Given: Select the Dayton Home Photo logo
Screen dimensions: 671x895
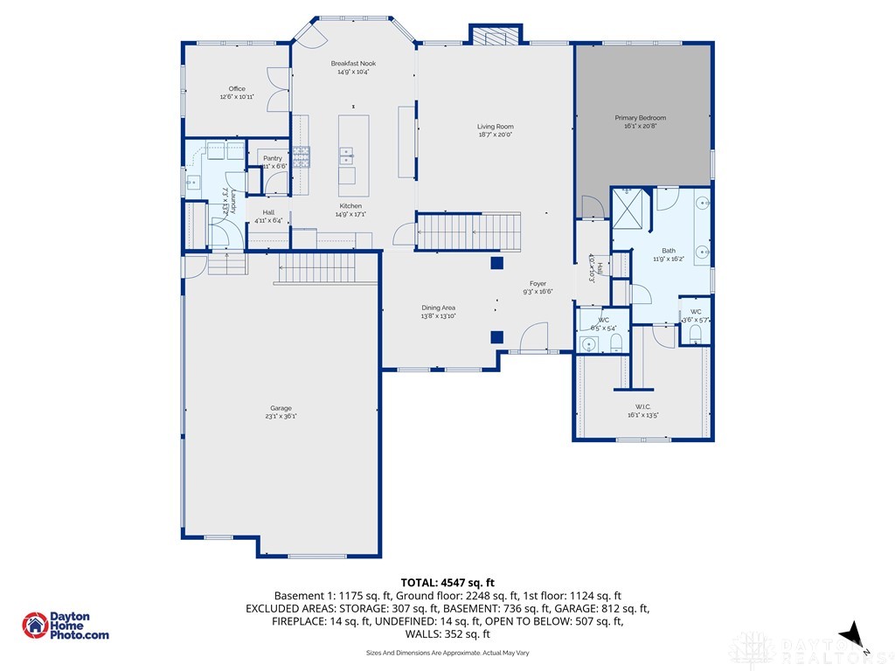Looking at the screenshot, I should pos(66,626).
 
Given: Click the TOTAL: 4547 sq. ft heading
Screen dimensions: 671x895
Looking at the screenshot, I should pos(447,582).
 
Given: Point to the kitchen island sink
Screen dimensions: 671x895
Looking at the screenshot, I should pos(346,156).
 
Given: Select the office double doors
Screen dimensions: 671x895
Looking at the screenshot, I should pos(279,89).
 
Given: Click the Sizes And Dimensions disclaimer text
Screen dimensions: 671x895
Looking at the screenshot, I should pos(447,653).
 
